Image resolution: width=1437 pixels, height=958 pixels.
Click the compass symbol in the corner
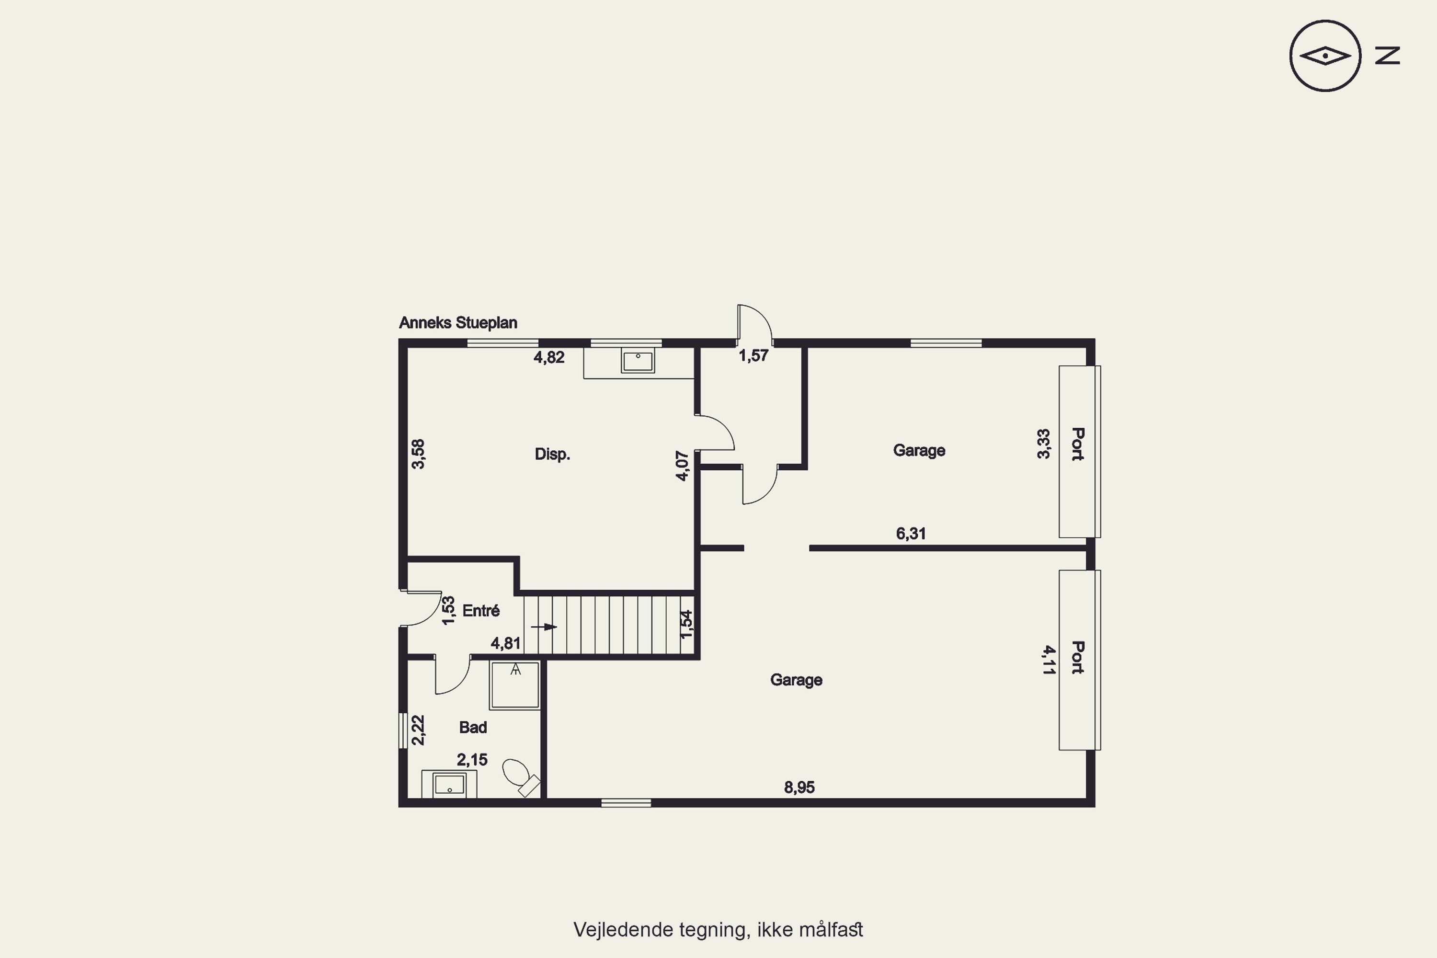1325,56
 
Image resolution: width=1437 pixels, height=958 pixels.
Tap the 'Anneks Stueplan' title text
458,322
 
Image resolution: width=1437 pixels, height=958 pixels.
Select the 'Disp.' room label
552,454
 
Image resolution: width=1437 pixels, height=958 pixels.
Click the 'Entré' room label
481,610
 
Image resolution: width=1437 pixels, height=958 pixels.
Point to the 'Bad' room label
473,727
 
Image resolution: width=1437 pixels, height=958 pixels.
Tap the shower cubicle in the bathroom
514,685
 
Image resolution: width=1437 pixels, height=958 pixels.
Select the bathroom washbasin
449,784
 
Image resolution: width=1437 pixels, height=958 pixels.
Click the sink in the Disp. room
638,361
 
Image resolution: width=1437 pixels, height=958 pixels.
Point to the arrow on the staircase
544,627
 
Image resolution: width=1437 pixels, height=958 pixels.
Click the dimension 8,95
799,787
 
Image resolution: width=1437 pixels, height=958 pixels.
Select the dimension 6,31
911,534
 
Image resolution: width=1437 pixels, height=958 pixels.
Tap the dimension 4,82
548,357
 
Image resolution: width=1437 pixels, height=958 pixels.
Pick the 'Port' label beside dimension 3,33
1078,444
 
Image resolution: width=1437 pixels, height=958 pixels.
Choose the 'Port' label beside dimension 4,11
1078,657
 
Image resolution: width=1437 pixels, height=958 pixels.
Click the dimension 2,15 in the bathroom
472,759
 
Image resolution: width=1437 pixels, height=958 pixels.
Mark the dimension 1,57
753,355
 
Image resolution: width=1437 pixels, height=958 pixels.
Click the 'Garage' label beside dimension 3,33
919,450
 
